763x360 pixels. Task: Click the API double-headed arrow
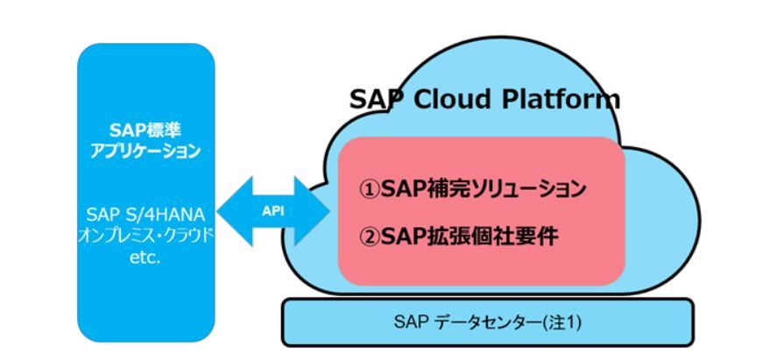pyautogui.click(x=273, y=211)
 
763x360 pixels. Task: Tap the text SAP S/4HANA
pyautogui.click(x=145, y=215)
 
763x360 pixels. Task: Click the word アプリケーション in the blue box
pyautogui.click(x=145, y=151)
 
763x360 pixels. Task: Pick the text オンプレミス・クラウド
pyautogui.click(x=145, y=236)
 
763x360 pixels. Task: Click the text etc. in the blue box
pyautogui.click(x=145, y=257)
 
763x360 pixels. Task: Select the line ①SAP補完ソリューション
pyautogui.click(x=472, y=189)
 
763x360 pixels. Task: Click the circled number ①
pyautogui.click(x=371, y=189)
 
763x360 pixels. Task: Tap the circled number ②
pyautogui.click(x=371, y=236)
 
